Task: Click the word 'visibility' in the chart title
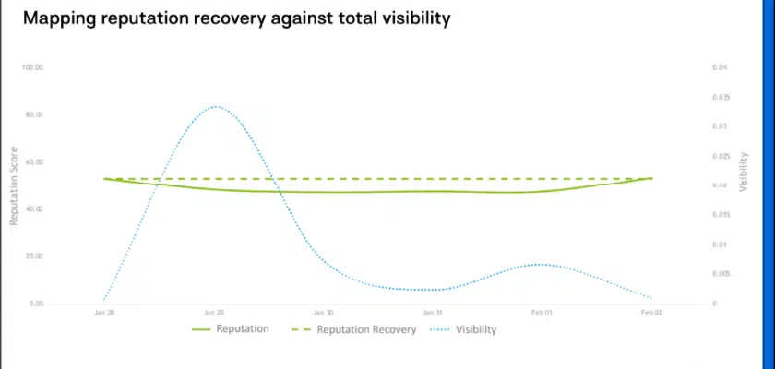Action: (x=410, y=18)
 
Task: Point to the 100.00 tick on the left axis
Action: (x=34, y=67)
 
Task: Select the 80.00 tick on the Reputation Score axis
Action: (x=34, y=114)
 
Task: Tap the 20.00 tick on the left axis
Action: (x=34, y=256)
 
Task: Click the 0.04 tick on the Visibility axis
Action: (x=720, y=67)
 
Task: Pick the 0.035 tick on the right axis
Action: (x=721, y=97)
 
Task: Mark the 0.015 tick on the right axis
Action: (x=721, y=215)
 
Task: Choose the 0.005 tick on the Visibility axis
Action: (x=721, y=274)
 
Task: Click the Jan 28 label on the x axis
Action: (x=104, y=314)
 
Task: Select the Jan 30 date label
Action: (x=323, y=314)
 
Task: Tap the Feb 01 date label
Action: (x=542, y=314)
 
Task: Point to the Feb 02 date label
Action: (x=651, y=314)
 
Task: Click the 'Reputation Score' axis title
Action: (x=14, y=184)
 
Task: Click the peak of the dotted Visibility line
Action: (x=215, y=106)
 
